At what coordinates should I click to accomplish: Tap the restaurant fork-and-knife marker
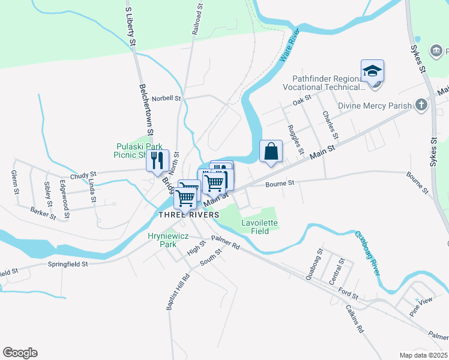158,160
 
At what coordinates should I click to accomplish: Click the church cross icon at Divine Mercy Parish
421,106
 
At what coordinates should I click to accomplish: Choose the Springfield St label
68,264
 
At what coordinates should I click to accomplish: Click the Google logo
20,353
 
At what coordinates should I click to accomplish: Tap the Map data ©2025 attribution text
423,355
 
